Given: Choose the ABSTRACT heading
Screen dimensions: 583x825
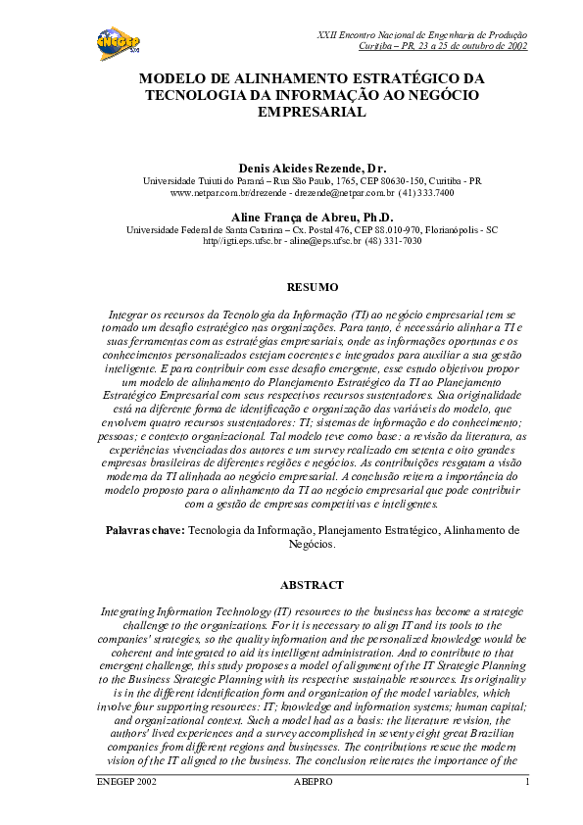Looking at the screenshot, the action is [312, 585].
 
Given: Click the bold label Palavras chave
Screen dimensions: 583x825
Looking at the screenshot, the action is [144, 529].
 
